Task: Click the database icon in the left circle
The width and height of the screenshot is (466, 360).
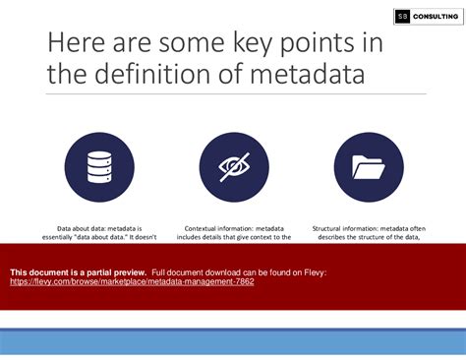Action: (99, 168)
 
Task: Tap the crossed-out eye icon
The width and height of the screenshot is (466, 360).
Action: (234, 168)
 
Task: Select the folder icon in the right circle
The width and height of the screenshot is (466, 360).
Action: (369, 168)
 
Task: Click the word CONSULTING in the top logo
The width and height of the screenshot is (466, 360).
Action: (434, 16)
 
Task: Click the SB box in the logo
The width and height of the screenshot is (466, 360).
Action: (403, 16)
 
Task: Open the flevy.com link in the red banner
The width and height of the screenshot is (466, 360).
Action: (132, 281)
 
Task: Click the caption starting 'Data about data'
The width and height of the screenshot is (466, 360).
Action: (99, 232)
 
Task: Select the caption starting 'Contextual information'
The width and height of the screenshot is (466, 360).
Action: (234, 232)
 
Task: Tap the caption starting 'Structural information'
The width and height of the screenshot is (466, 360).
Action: (369, 232)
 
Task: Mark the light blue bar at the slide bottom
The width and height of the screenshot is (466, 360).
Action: (233, 342)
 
